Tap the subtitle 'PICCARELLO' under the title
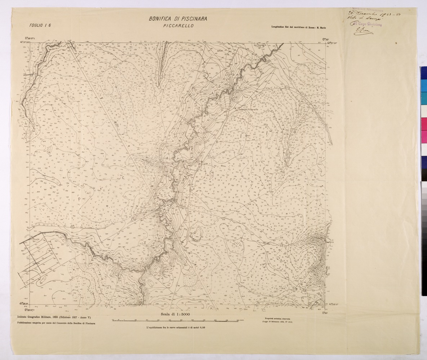coord(178,26)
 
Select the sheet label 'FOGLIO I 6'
coord(40,25)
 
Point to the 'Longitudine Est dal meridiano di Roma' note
coord(298,28)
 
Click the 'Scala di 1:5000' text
coord(178,315)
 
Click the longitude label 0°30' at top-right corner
coord(326,39)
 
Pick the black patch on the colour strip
coord(423,176)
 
